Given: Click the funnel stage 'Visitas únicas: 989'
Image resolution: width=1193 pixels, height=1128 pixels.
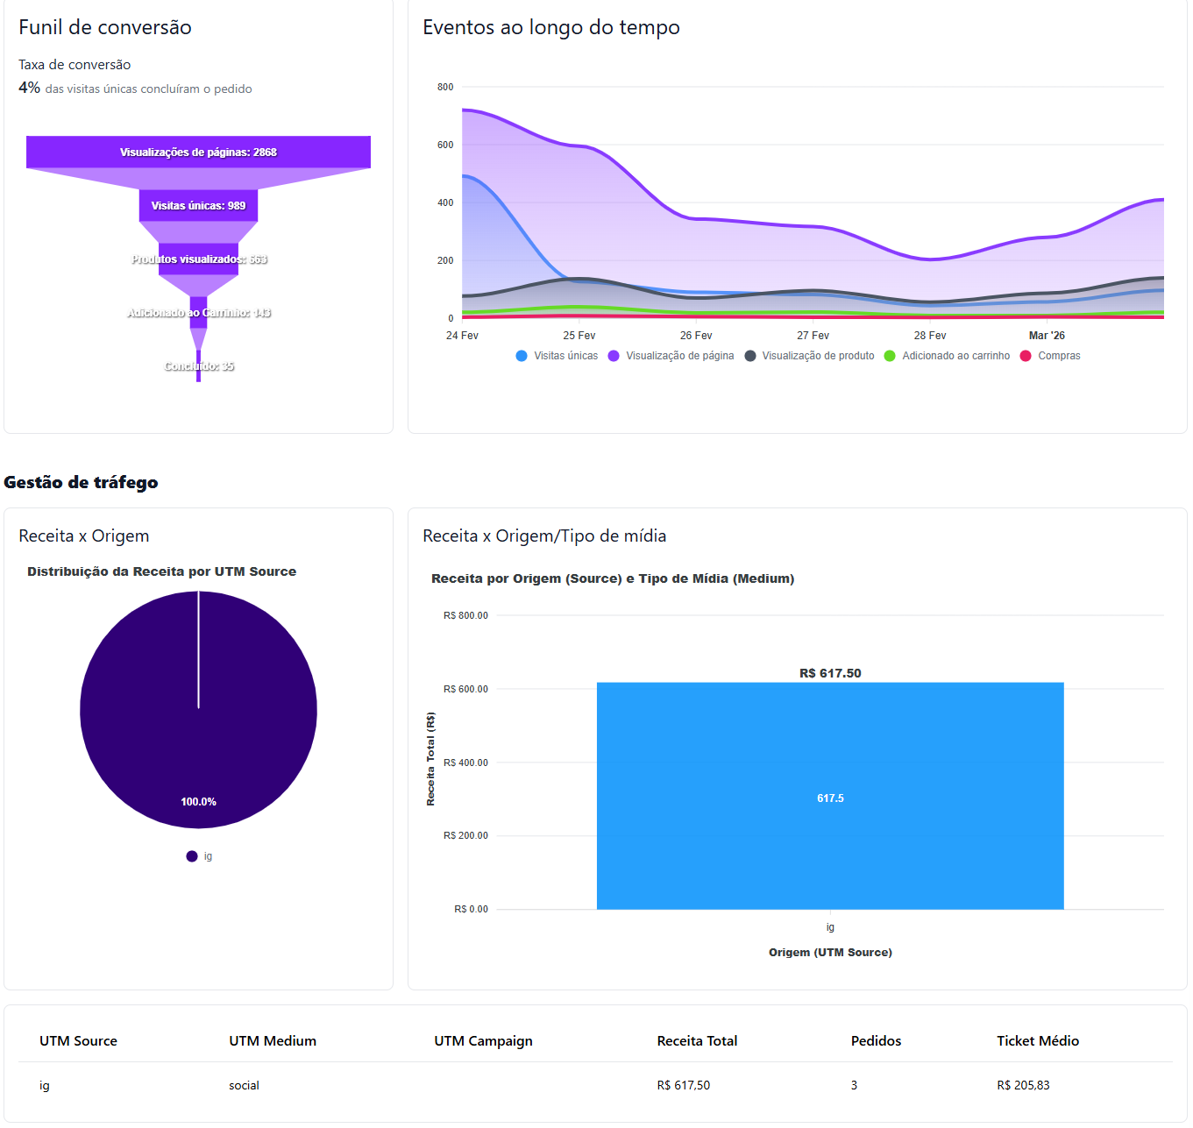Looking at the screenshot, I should [x=198, y=206].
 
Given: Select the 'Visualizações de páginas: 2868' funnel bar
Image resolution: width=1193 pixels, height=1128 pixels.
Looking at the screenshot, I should [x=198, y=153].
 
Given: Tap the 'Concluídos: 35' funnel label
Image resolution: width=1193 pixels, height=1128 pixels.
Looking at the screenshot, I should [x=199, y=366].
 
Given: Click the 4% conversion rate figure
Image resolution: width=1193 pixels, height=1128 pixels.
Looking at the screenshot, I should [x=29, y=88].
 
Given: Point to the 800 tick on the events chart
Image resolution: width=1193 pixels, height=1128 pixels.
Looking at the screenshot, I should [x=445, y=87].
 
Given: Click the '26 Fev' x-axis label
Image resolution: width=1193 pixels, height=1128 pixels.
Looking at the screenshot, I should [x=696, y=336].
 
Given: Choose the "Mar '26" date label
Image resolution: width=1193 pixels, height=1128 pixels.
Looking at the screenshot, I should [x=1047, y=336].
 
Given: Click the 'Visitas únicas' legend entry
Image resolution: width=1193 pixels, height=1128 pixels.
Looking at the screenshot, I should [x=557, y=356].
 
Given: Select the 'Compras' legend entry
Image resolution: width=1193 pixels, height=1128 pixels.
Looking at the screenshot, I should [x=1051, y=356].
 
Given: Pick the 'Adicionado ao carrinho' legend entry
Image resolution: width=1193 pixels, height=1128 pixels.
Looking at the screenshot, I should [x=948, y=356].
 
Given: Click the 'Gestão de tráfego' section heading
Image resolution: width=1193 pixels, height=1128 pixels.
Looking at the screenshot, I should [x=81, y=482].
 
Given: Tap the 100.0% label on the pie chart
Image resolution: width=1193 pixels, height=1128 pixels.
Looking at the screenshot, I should [x=198, y=802].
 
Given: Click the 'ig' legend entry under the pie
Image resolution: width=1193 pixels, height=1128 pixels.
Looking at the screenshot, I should [x=200, y=856].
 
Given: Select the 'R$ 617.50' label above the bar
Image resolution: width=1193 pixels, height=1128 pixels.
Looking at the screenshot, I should [x=830, y=673].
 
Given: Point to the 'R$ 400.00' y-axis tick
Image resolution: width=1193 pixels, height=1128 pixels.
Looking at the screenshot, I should [x=465, y=763].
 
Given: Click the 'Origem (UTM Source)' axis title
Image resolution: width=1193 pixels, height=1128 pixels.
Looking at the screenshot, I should [x=830, y=952].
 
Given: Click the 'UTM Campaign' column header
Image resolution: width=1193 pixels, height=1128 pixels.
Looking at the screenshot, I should [x=483, y=1041].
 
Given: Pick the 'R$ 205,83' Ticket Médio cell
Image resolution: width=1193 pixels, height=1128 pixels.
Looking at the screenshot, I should [x=1023, y=1085].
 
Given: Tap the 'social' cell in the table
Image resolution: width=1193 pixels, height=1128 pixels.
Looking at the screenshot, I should [x=244, y=1085].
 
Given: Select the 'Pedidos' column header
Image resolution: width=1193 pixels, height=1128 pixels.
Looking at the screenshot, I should [x=876, y=1041].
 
